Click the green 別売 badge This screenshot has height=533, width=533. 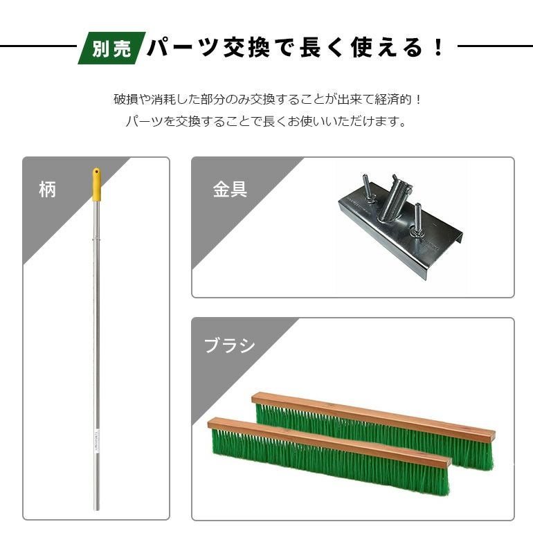click(x=112, y=48)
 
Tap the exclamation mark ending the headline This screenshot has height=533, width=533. click(x=438, y=48)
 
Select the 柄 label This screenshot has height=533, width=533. click(x=47, y=190)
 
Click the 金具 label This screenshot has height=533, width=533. click(x=230, y=190)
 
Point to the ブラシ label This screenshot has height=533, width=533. click(x=229, y=345)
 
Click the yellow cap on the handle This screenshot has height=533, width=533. click(x=97, y=184)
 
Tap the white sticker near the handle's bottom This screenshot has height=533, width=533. click(x=96, y=441)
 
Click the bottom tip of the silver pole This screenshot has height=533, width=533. click(x=96, y=509)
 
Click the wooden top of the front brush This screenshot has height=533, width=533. click(x=329, y=442)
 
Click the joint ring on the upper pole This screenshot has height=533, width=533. click(x=97, y=240)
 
